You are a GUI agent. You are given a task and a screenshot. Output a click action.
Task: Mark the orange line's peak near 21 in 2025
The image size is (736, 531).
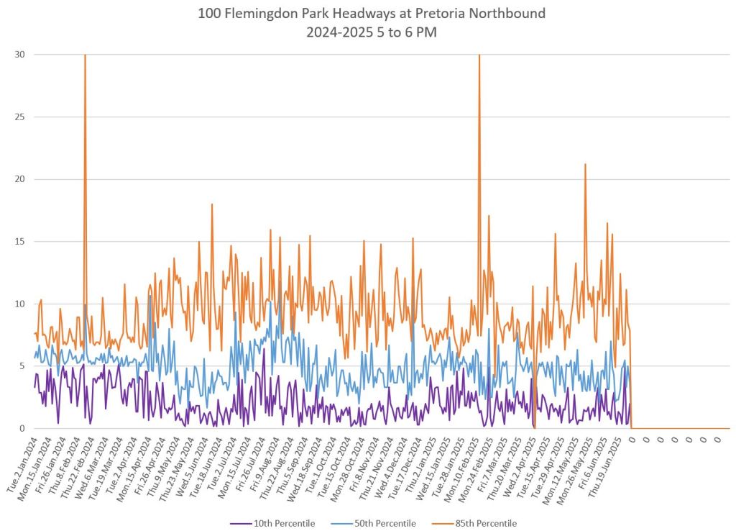(x=585, y=165)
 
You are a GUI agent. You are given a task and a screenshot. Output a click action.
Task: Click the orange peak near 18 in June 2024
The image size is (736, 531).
(x=212, y=204)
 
